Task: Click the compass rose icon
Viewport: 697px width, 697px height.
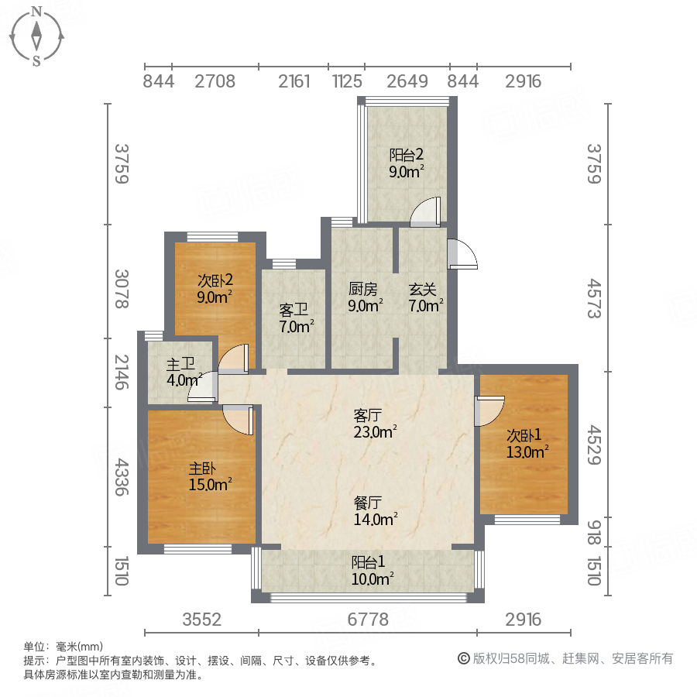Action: pyautogui.click(x=36, y=36)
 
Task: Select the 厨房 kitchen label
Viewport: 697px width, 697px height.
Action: pyautogui.click(x=362, y=290)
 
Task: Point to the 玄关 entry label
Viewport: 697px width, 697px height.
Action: pyautogui.click(x=423, y=290)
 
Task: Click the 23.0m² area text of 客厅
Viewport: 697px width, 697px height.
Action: pyautogui.click(x=376, y=432)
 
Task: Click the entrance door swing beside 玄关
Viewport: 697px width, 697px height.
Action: pyautogui.click(x=463, y=254)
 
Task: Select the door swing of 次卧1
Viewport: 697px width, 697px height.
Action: pyautogui.click(x=489, y=410)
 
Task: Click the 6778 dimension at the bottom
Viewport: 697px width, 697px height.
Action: pyautogui.click(x=367, y=620)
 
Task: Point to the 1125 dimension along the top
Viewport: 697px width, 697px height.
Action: pyautogui.click(x=347, y=81)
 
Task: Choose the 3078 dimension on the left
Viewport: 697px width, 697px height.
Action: pyautogui.click(x=120, y=289)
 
